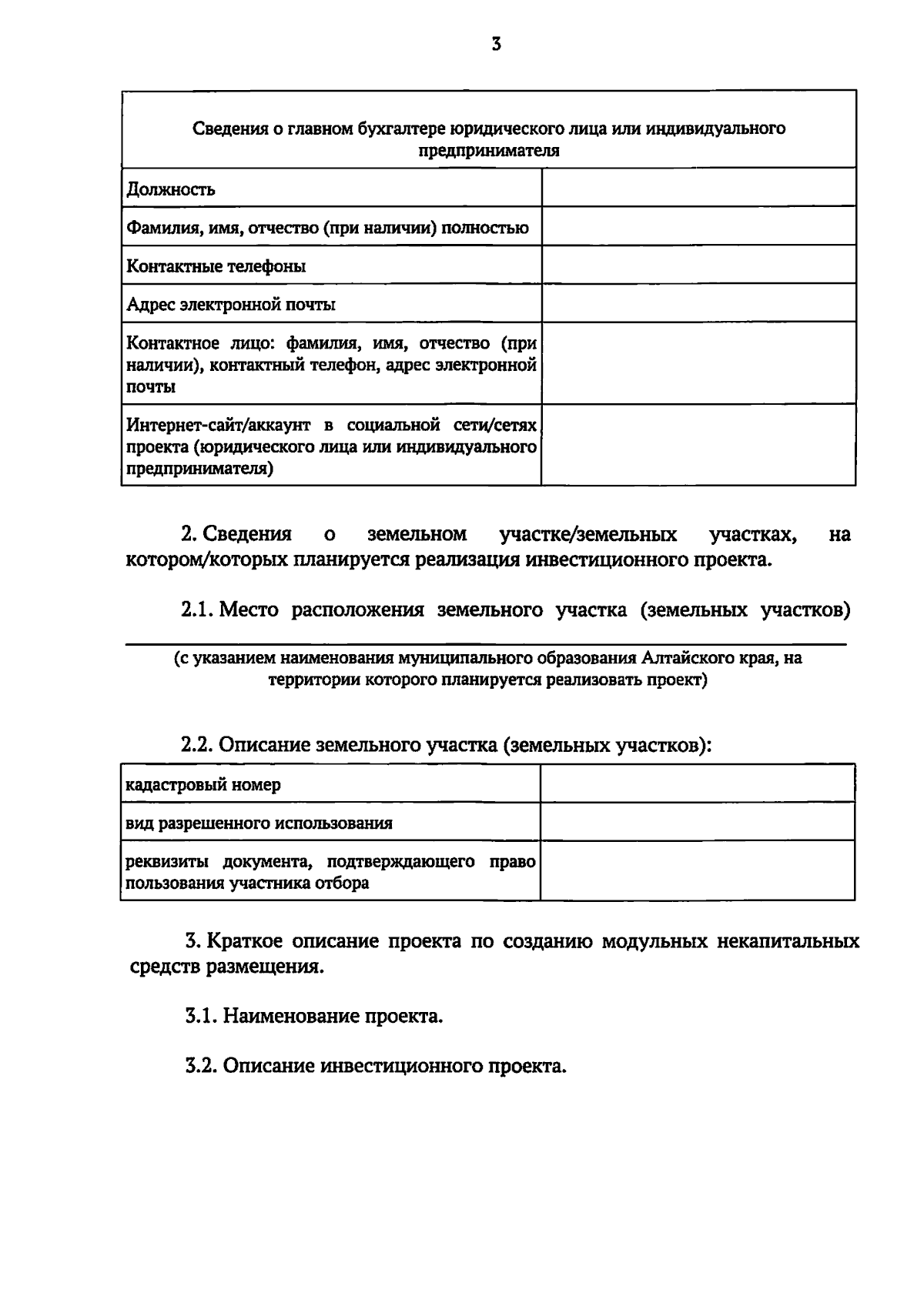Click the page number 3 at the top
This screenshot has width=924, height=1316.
496,45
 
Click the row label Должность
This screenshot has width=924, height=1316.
171,189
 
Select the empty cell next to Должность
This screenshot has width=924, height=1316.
698,188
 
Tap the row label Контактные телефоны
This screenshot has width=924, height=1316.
216,266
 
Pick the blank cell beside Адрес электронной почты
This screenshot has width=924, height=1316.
698,302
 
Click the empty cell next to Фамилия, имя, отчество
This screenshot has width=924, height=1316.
698,226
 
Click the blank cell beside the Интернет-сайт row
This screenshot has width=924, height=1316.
698,445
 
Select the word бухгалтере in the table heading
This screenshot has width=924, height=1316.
402,129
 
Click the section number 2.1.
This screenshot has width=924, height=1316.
197,610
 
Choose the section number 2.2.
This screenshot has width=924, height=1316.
197,745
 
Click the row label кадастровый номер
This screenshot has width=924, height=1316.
203,785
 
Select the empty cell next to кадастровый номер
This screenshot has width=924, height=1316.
698,783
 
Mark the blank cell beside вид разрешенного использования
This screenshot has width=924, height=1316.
698,821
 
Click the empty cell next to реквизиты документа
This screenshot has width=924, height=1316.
698,870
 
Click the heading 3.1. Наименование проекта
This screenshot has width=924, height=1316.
314,1016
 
